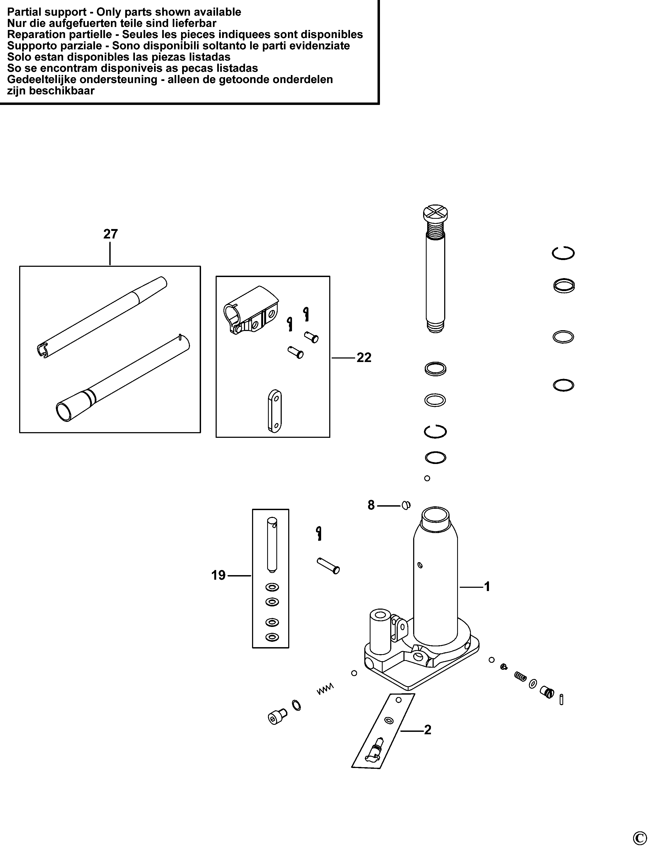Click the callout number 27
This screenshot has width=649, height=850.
tap(110, 234)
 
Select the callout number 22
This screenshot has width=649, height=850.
tap(364, 358)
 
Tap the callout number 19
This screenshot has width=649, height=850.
tap(218, 575)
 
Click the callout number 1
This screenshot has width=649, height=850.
tap(487, 587)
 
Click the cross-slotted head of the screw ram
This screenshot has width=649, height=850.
tap(435, 213)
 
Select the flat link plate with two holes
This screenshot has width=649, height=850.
tap(274, 411)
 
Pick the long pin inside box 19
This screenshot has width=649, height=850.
tap(272, 545)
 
